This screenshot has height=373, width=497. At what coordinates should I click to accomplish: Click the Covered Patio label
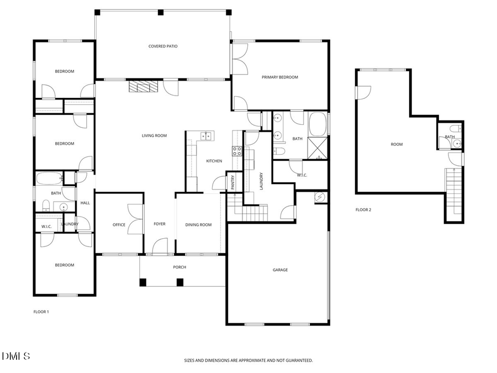[x=163, y=46]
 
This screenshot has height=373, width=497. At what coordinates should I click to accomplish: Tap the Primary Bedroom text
[x=279, y=77]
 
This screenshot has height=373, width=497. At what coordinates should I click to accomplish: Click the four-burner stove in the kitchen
[x=237, y=150]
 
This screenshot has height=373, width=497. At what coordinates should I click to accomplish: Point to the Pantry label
[x=233, y=183]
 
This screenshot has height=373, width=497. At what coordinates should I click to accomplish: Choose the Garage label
[x=280, y=270]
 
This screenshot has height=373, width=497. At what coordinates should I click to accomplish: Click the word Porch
[x=179, y=267]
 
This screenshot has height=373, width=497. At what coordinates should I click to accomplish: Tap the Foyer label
[x=160, y=224]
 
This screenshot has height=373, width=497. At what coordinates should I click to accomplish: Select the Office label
[x=119, y=225]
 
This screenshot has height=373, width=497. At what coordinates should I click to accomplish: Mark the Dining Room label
[x=198, y=225]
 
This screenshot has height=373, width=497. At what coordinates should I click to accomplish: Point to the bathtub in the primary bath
[x=318, y=124]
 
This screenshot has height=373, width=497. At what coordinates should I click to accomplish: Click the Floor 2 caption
[x=363, y=210]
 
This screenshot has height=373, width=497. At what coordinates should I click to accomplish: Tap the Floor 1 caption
[x=41, y=312]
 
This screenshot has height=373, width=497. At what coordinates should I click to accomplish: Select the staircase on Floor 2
[x=453, y=193]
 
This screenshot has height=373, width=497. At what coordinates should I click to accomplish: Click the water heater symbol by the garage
[x=320, y=197]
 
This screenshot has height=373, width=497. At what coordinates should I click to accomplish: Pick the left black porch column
[x=143, y=282]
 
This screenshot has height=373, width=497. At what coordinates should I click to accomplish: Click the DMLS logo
[x=16, y=356]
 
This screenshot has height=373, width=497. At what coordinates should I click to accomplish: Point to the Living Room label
[x=154, y=136]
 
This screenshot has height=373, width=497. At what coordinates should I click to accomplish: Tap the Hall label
[x=85, y=203]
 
